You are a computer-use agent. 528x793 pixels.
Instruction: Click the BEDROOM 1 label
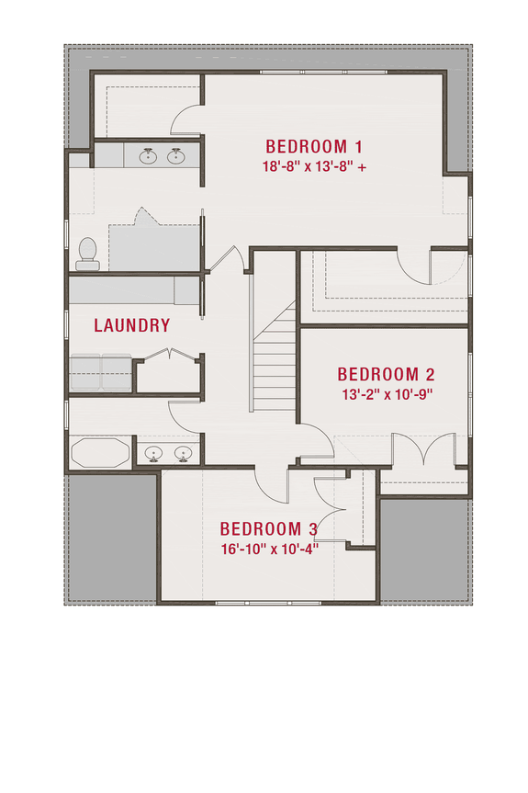point(315,146)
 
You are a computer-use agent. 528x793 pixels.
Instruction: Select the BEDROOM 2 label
point(386,374)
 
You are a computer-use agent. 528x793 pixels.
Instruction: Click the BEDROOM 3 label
point(268,529)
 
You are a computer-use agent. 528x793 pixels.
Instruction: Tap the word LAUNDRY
point(132,325)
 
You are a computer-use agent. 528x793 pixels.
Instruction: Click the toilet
point(88,253)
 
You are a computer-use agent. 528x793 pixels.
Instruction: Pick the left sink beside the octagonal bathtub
point(153,452)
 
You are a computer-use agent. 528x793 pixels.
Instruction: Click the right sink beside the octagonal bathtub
point(184,452)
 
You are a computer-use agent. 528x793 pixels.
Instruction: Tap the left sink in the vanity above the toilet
point(147,156)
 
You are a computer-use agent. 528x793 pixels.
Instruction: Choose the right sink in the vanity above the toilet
point(176,156)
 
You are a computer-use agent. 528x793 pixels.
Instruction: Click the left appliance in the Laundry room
point(85,372)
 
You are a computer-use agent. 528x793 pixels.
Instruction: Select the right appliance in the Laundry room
point(117,372)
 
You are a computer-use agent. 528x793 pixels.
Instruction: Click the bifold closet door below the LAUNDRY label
point(169,356)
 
